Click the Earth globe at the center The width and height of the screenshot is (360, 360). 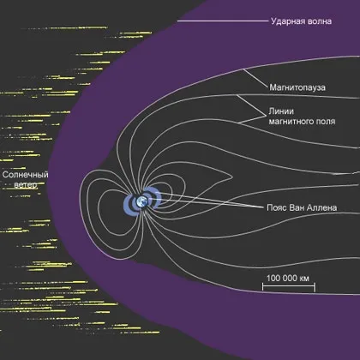[x=142, y=201]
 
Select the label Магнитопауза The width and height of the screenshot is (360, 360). [x=297, y=87]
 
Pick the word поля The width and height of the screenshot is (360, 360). [x=326, y=122]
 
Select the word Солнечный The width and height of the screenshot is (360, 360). [x=25, y=175]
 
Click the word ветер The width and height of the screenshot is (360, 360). [x=26, y=185]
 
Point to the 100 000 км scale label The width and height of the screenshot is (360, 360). [x=288, y=278]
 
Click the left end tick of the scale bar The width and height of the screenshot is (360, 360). [x=263, y=287]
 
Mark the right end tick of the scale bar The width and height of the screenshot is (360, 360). [x=315, y=287]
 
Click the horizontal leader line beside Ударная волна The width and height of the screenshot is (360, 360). [x=223, y=21]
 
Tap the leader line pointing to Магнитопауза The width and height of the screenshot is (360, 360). [x=256, y=78]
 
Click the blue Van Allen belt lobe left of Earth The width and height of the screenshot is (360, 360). [x=129, y=203]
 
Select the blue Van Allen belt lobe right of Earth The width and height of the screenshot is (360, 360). [x=155, y=197]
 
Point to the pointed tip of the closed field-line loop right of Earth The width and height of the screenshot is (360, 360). [x=231, y=177]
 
